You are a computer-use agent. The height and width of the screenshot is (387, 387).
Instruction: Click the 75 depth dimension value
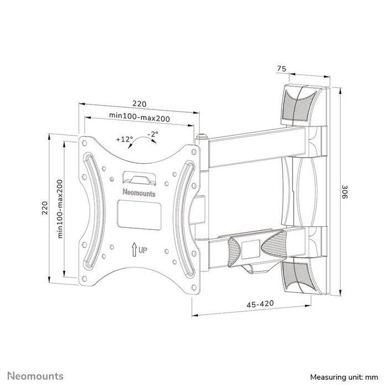click(x=281, y=70)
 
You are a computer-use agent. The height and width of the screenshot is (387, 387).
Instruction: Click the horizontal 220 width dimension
click(x=139, y=103)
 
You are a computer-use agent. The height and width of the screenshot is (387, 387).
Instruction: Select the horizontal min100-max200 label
click(x=139, y=117)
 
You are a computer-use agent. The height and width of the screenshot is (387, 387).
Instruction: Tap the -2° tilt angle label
click(x=153, y=134)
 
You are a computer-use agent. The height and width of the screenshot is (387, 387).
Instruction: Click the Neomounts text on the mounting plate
click(x=138, y=193)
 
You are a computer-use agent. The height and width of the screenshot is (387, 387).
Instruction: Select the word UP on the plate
click(x=143, y=250)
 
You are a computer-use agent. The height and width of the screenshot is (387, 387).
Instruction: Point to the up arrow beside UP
click(x=134, y=249)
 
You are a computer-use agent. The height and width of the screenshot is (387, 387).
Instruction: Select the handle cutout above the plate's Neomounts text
click(x=138, y=177)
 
